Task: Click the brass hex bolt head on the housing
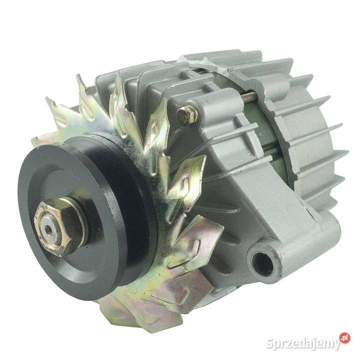coord(187,116)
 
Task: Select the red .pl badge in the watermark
coord(344,338)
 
